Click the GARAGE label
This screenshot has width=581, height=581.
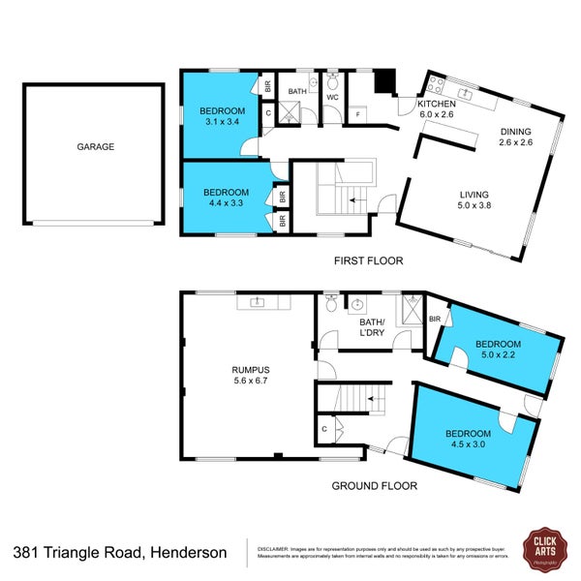pyautogui.click(x=96, y=147)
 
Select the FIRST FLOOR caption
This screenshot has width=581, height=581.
pyautogui.click(x=368, y=260)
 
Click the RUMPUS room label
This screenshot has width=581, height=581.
pyautogui.click(x=250, y=370)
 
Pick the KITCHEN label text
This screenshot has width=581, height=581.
pyautogui.click(x=437, y=104)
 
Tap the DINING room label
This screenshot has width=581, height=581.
pyautogui.click(x=516, y=133)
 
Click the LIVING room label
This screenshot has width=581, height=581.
pyautogui.click(x=474, y=194)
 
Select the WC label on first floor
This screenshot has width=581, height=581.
pyautogui.click(x=330, y=98)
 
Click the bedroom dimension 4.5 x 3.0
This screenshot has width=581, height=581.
pyautogui.click(x=469, y=445)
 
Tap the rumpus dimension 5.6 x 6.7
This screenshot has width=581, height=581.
pyautogui.click(x=250, y=382)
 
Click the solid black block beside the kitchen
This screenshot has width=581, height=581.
pyautogui.click(x=385, y=83)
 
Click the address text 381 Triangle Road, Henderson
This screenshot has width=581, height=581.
pyautogui.click(x=121, y=553)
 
